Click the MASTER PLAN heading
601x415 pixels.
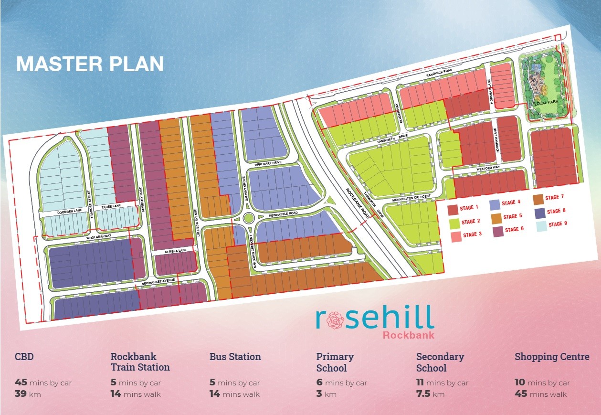[90, 64]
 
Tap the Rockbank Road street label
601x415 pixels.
[358, 203]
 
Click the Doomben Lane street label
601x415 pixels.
[57, 211]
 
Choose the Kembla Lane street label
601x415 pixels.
[175, 250]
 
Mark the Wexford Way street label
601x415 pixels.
[487, 168]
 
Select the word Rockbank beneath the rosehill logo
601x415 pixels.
[408, 335]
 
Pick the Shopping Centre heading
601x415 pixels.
[552, 357]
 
